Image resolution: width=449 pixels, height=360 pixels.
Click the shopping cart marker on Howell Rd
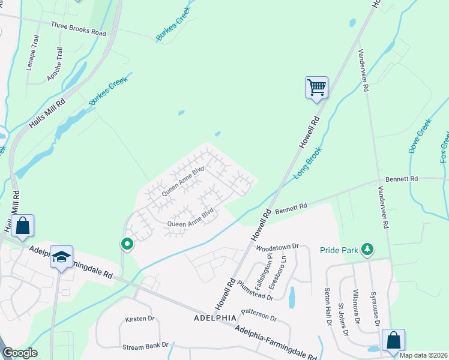click(x=316, y=88)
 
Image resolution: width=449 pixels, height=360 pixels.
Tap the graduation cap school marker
click(x=61, y=257)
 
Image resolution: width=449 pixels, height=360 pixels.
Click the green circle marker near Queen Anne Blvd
click(x=127, y=244)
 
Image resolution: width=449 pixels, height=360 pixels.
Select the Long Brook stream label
click(x=309, y=163)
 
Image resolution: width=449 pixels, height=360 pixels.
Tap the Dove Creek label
click(x=420, y=136)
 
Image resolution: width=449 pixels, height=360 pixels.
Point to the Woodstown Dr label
click(x=277, y=247)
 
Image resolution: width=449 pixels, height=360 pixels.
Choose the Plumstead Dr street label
click(x=255, y=290)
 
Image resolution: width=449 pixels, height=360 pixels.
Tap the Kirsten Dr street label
click(x=139, y=319)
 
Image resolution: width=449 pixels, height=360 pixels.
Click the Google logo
click(x=19, y=353)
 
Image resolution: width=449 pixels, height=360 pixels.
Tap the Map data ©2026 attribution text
click(x=424, y=355)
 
